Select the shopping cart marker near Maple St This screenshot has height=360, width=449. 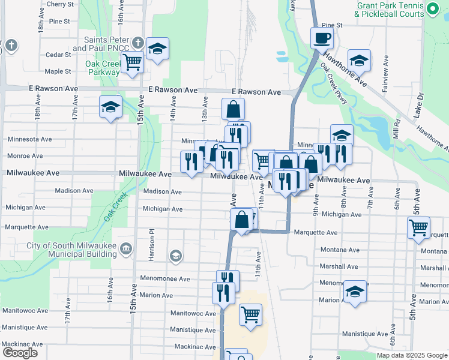coord(131,61)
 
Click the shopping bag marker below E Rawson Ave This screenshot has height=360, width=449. coord(233,109)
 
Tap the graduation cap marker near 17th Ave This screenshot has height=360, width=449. coord(110,107)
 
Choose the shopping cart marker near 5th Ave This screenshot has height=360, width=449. coord(418,227)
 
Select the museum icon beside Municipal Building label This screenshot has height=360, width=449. coord(126,248)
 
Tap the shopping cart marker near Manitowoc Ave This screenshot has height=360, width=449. coord(250,314)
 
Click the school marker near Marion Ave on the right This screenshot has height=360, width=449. coord(355,292)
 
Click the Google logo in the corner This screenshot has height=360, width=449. coord(19,353)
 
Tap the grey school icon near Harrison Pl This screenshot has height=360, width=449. coord(175,256)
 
